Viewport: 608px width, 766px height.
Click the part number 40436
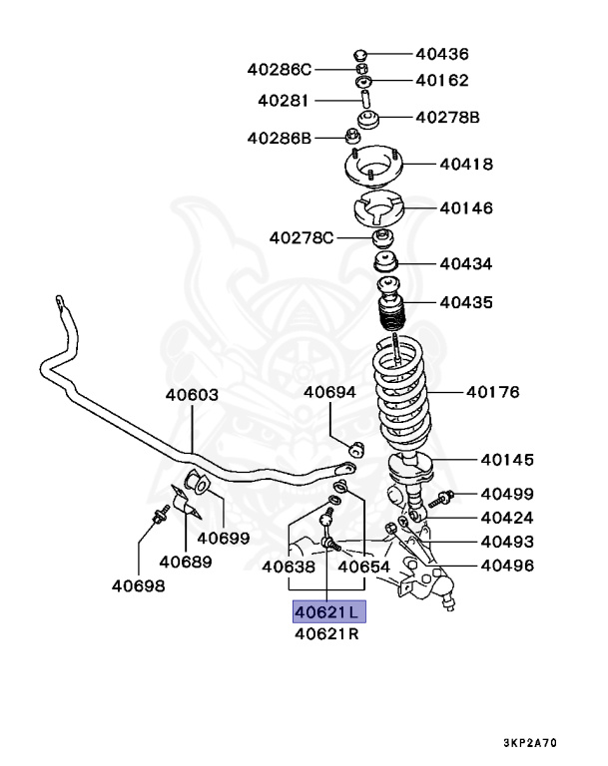pos(441,54)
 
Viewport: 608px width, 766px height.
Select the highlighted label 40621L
pos(328,610)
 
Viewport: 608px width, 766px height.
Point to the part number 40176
pos(492,392)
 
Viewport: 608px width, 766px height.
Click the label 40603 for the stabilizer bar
pos(192,395)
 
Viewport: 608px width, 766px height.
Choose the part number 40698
pos(138,585)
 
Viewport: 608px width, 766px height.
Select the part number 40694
pos(330,392)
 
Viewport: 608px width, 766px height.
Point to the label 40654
pos(363,566)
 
